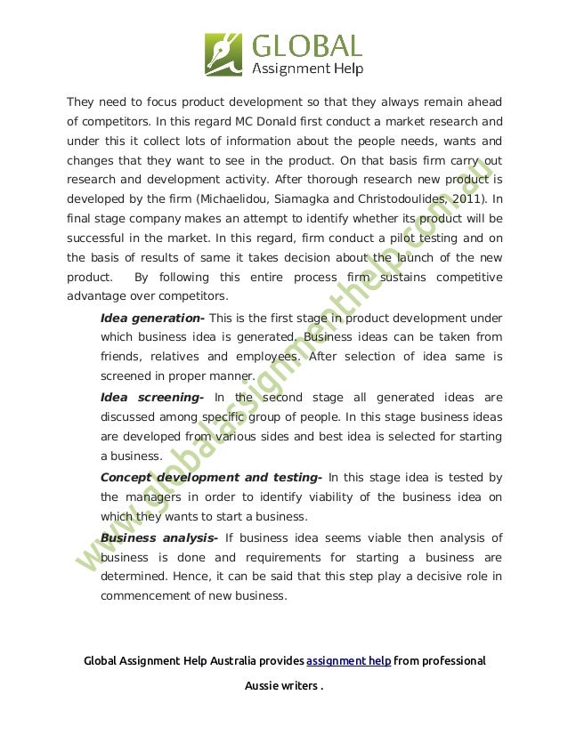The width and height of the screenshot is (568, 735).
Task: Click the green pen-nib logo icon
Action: click(x=223, y=53)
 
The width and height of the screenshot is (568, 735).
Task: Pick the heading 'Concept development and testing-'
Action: click(x=211, y=477)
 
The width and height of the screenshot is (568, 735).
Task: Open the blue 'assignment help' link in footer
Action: click(x=348, y=661)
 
